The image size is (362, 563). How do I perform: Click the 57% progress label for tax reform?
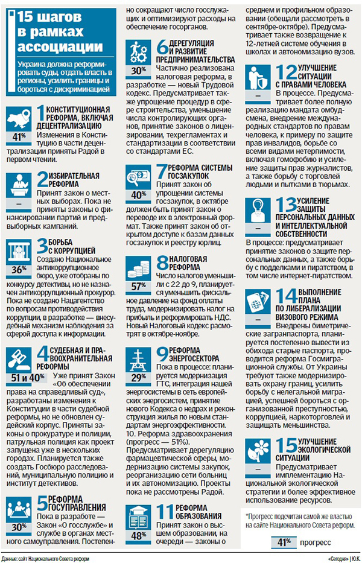[139, 286]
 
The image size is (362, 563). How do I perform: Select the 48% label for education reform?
[139, 535]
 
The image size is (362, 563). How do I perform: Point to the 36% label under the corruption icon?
[19, 269]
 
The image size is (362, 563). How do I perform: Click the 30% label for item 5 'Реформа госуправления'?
[19, 527]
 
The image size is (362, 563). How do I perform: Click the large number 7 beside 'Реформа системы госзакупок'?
[160, 172]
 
